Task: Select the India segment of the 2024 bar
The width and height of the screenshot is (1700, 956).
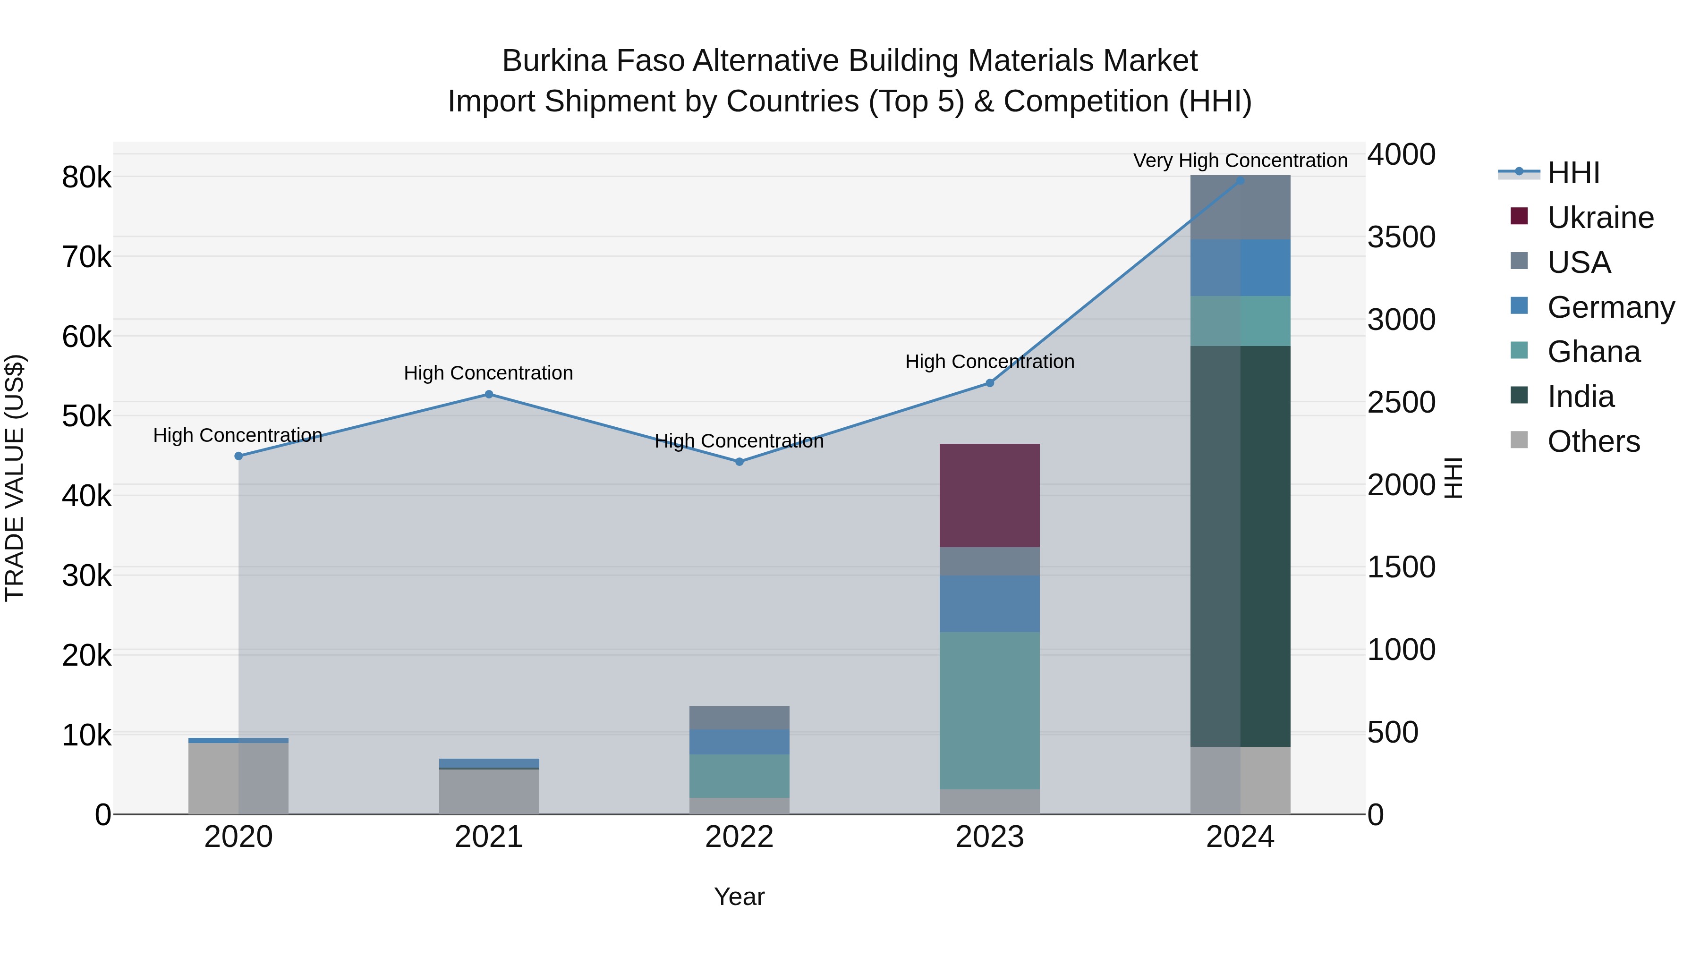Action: tap(1240, 546)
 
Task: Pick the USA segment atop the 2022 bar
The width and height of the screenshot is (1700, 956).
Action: tap(739, 717)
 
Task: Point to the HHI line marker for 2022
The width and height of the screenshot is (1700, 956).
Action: tap(739, 462)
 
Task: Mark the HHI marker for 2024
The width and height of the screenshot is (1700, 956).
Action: tap(1240, 180)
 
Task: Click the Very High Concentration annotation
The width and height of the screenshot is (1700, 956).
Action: tap(1240, 161)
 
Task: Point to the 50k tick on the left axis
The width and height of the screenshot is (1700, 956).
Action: tap(86, 416)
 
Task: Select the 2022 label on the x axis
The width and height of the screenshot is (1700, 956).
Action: tap(739, 837)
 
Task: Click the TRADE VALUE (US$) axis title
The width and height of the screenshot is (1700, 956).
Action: tap(15, 478)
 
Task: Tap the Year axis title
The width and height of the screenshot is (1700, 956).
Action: tap(739, 897)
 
